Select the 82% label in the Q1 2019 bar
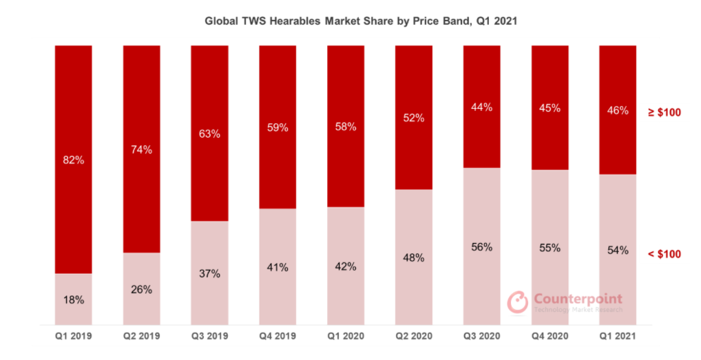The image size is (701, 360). coord(73,160)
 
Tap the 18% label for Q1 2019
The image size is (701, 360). coord(73,300)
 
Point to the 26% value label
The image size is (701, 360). coord(141,289)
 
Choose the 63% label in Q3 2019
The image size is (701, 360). coord(209,134)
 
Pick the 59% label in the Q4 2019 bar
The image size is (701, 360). coord(278,127)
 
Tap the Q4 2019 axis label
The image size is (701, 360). coord(278,337)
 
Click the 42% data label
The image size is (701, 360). coord(346,266)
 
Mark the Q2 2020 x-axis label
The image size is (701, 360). coord(413,337)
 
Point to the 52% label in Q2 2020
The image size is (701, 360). coord(413,118)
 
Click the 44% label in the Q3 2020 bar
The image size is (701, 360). coord(481,107)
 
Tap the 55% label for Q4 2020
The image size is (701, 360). coord(550,248)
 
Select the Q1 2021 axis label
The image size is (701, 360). coord(618,337)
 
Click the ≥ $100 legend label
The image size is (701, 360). coord(665,112)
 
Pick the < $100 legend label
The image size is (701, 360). coord(665,254)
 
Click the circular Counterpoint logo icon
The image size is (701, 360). coord(517,301)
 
